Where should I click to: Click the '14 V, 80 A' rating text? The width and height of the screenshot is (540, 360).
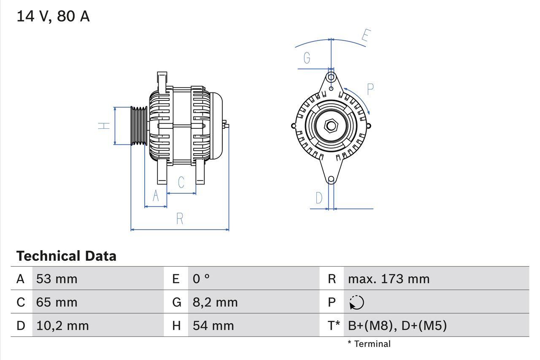[x=53, y=16]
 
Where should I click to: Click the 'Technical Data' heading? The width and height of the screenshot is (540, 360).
[x=66, y=256]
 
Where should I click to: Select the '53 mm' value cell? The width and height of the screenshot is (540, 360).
[x=57, y=279]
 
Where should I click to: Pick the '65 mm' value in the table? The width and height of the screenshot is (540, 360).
[x=57, y=302]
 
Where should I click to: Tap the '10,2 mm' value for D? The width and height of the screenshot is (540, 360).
[x=62, y=325]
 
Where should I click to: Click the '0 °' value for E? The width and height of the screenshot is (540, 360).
[x=201, y=279]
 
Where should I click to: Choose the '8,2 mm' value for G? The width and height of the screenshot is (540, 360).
[x=215, y=302]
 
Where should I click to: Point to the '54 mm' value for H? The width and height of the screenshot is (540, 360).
[x=213, y=325]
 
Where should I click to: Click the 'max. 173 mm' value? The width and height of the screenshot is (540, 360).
[x=389, y=279]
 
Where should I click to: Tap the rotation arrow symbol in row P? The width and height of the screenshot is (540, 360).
[x=356, y=302]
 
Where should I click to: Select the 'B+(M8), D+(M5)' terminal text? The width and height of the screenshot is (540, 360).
[x=397, y=325]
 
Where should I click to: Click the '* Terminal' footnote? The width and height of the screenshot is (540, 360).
[x=369, y=344]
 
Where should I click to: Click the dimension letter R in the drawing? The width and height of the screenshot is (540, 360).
[x=180, y=219]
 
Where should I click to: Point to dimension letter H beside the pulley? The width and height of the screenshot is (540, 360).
[x=104, y=125]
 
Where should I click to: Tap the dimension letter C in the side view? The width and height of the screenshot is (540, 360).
[x=181, y=182]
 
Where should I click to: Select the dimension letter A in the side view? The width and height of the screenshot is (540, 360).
[x=156, y=196]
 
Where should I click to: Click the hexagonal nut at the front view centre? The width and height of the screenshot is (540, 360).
[x=331, y=126]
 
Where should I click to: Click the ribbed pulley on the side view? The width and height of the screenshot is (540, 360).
[x=138, y=126]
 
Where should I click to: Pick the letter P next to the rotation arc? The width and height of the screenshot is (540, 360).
[x=370, y=89]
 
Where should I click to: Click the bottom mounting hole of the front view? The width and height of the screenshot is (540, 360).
[x=331, y=179]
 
